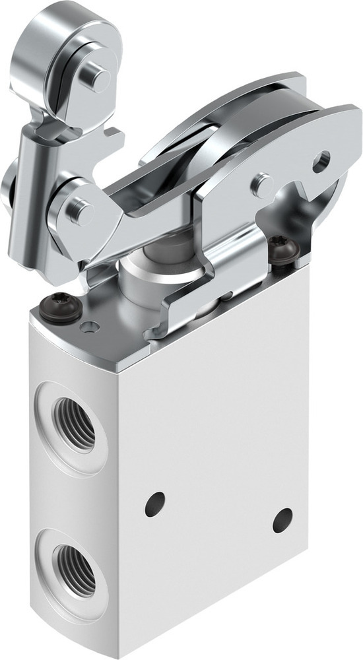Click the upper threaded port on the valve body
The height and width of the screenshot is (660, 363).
(x=73, y=422)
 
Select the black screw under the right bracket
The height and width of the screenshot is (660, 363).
(x=284, y=251)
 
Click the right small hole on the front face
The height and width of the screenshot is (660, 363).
(x=282, y=520)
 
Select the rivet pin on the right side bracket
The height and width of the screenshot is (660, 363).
(x=262, y=184)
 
